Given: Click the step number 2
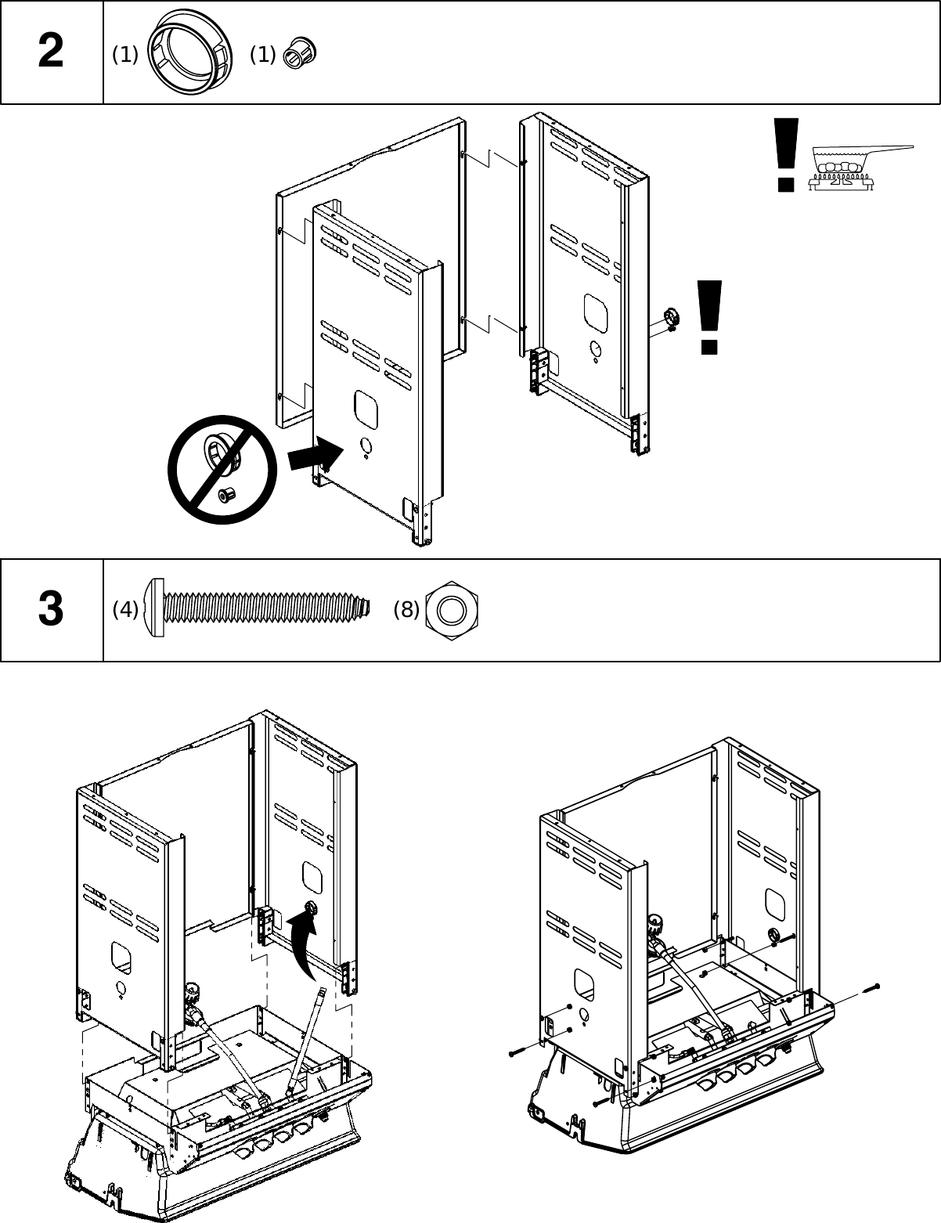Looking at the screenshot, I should coord(51,53).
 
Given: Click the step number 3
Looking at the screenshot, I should coord(51,610).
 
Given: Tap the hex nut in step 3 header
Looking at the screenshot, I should coord(452,609).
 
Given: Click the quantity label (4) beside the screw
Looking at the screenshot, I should coord(125,609).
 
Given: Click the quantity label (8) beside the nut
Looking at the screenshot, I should coord(406,609).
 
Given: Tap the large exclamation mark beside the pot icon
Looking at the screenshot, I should coord(784,154).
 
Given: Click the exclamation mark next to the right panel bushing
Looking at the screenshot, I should coord(709,316).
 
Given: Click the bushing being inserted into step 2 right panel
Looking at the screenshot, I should coord(670,317).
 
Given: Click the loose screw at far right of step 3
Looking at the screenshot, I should coord(871,987).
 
